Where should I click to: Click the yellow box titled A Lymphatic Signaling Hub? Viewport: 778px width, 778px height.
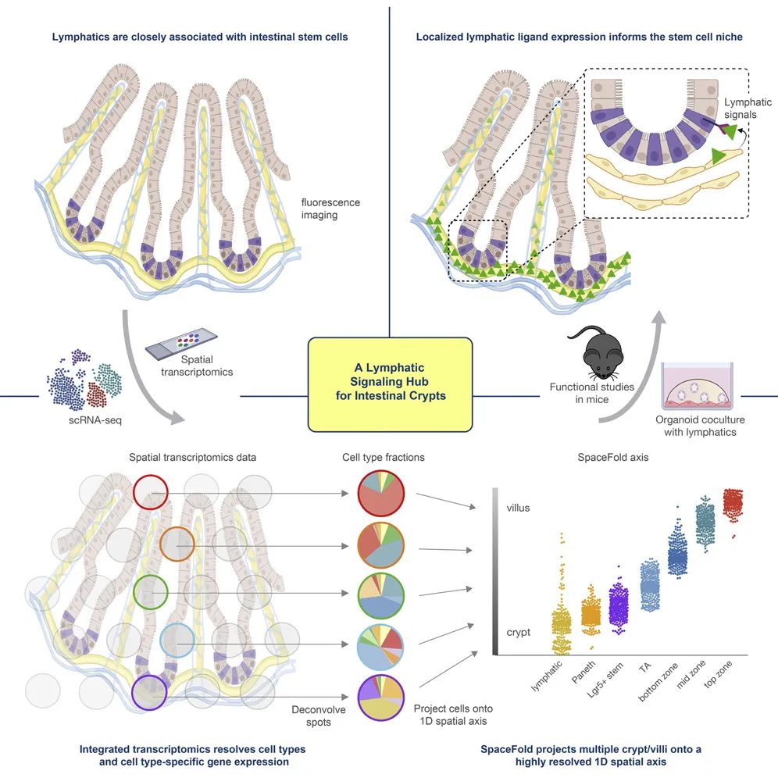[x=390, y=384]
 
